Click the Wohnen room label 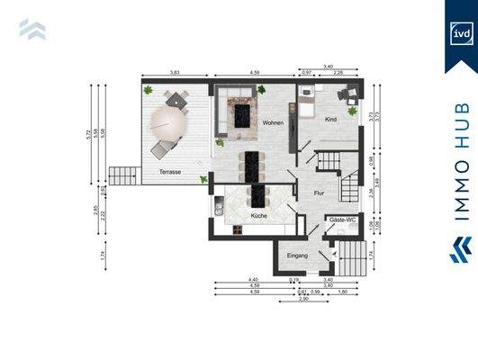[x=274, y=122]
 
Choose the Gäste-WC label [x=341, y=220]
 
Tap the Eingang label [x=298, y=256]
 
